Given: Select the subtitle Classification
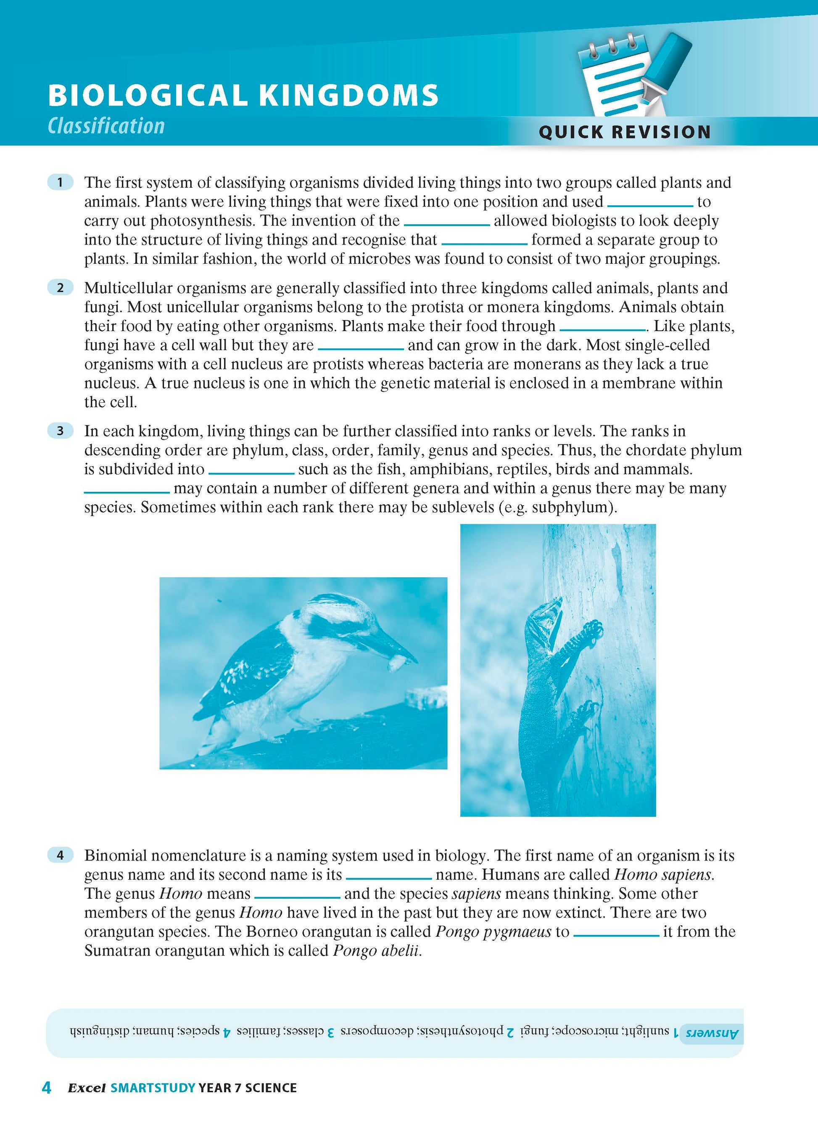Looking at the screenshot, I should [106, 126].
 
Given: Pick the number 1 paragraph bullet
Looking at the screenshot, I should [60, 182].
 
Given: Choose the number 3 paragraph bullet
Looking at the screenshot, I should [60, 431].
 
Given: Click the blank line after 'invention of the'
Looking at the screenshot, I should [447, 224].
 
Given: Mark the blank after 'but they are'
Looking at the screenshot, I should [361, 348].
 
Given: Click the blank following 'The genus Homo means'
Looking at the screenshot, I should [297, 897].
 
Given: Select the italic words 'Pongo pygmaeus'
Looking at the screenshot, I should [493, 932].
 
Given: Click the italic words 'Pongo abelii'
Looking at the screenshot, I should [377, 951].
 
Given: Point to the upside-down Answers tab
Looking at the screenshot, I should [712, 1033].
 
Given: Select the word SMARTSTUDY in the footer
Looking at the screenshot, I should [153, 1088].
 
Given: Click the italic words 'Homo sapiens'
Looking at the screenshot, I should [663, 875].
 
